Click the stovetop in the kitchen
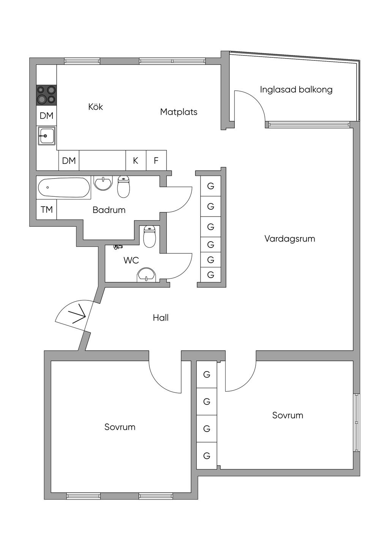pyautogui.click(x=46, y=95)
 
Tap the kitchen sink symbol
pyautogui.click(x=46, y=136)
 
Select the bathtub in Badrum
pyautogui.click(x=64, y=188)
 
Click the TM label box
pyautogui.click(x=46, y=209)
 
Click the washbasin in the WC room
pyautogui.click(x=147, y=275)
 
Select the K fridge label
pyautogui.click(x=136, y=161)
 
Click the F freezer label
pyautogui.click(x=156, y=161)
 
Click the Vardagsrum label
pyautogui.click(x=289, y=239)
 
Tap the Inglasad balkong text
pyautogui.click(x=296, y=90)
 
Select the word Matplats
pyautogui.click(x=179, y=112)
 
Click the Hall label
pyautogui.click(x=161, y=318)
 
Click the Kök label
pyautogui.click(x=95, y=107)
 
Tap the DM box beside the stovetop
pyautogui.click(x=46, y=115)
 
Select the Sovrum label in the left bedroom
pyautogui.click(x=120, y=427)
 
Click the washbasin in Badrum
pyautogui.click(x=103, y=183)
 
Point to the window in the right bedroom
pyautogui.click(x=356, y=422)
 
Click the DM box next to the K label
pyautogui.click(x=69, y=161)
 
